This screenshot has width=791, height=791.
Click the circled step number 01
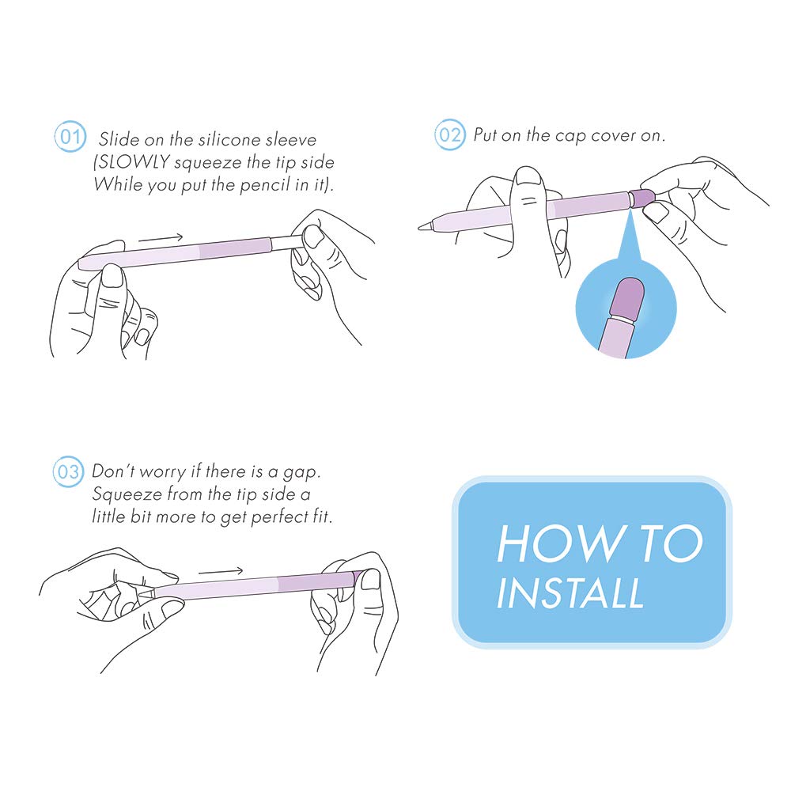click(70, 136)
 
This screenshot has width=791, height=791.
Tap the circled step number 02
click(449, 134)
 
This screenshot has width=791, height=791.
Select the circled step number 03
click(68, 471)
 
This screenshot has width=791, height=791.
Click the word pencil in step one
click(265, 185)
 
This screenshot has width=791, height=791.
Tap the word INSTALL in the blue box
click(570, 592)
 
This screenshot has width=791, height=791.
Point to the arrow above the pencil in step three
click(221, 572)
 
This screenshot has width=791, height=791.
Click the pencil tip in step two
click(426, 225)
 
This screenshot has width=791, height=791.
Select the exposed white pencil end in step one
click(286, 243)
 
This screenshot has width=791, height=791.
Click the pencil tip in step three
click(146, 591)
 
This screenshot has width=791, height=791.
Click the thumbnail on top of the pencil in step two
click(528, 176)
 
